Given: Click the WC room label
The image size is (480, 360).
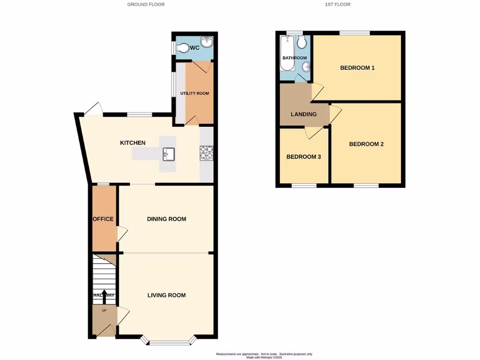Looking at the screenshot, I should coord(195,48).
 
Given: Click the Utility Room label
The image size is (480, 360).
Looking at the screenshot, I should coord(195,93).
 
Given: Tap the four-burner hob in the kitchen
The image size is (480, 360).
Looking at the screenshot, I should coord(206,153).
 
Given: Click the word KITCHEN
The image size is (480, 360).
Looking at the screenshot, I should coord(133,143).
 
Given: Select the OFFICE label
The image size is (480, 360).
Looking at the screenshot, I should coord(103,219).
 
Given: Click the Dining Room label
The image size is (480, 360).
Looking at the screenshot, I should coord(166,219).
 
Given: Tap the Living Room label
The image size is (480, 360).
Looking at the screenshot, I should coord(166,295).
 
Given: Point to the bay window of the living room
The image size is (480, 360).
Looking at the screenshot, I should coord(170,342).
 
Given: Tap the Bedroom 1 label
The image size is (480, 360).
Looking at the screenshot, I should coord(357,68).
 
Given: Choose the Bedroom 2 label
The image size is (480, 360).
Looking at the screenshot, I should coord(366,144).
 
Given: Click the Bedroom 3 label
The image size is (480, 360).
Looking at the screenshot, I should coord(304,157).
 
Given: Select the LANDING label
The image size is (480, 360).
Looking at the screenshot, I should coord(304,114).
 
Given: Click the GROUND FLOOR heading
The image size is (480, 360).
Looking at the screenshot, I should coord(146,5).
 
